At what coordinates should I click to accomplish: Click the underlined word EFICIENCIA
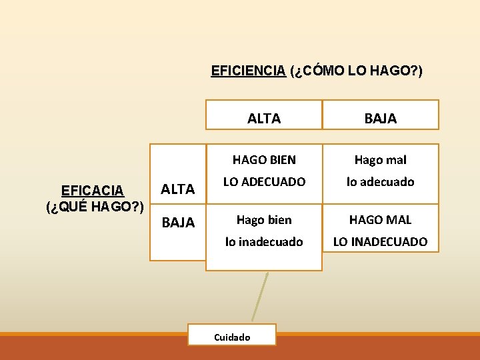click(x=248, y=71)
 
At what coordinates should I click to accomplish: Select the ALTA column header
click(x=264, y=119)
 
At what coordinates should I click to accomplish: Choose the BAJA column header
click(x=381, y=119)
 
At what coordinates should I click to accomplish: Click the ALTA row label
click(x=179, y=189)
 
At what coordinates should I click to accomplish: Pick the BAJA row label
click(x=179, y=223)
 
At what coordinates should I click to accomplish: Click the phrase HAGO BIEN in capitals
click(x=264, y=160)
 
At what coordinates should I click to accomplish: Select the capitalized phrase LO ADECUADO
click(x=264, y=181)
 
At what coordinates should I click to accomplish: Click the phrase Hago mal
click(x=380, y=160)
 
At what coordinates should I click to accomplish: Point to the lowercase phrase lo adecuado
click(x=380, y=181)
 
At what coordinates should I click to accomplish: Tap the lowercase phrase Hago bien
click(x=264, y=219)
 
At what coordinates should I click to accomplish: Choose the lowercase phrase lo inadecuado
click(x=264, y=242)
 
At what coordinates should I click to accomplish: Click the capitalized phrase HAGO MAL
click(x=380, y=219)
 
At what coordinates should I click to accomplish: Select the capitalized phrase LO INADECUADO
click(x=380, y=242)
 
